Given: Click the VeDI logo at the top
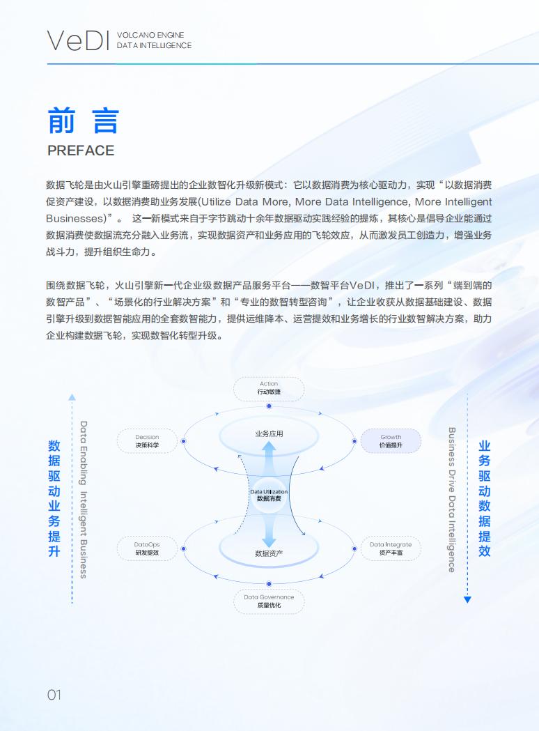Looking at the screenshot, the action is [x=78, y=40].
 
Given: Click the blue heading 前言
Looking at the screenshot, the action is [x=84, y=121].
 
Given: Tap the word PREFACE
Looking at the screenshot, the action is [x=81, y=151].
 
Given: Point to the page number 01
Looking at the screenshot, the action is [x=54, y=695].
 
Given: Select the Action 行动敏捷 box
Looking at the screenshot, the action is [x=269, y=388].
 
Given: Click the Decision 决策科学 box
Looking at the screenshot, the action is [x=147, y=441].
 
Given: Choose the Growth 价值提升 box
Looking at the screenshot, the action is [x=391, y=441].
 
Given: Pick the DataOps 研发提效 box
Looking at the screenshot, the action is [x=147, y=548].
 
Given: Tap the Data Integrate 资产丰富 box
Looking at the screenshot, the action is [x=391, y=548].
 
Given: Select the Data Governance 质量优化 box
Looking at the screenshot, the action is [x=269, y=601].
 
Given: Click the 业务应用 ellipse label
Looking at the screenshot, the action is [x=269, y=433].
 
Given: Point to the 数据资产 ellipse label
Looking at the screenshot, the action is [x=269, y=553].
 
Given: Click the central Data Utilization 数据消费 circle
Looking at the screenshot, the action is [x=269, y=495].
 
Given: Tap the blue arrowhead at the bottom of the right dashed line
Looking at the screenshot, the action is [x=467, y=599].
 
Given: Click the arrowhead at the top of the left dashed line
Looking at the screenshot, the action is [x=72, y=397].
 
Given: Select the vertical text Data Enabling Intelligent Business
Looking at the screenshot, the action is [x=84, y=500].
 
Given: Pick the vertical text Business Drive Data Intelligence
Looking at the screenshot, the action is [x=451, y=500].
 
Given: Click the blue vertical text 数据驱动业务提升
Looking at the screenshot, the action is [x=54, y=498].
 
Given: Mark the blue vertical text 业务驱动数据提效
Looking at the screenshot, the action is [x=485, y=498].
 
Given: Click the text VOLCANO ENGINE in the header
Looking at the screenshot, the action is [x=150, y=35].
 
